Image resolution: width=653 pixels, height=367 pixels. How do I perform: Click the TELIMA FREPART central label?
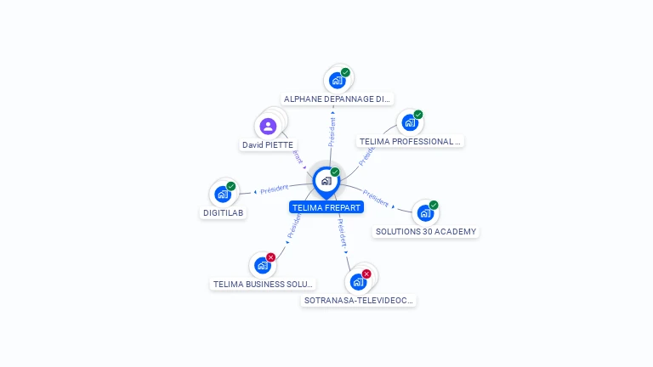[x=326, y=207]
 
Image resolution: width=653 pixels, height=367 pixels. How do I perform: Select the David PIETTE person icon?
[x=269, y=127]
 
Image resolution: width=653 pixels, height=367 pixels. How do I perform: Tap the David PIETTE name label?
[x=268, y=145]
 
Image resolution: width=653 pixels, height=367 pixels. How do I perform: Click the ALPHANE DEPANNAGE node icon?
[x=337, y=81]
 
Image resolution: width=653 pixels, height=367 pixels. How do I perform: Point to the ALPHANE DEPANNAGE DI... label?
[x=338, y=99]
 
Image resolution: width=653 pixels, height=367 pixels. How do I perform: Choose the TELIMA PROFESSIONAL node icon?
[x=410, y=122]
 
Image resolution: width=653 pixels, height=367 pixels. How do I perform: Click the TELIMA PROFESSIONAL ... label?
[x=410, y=142]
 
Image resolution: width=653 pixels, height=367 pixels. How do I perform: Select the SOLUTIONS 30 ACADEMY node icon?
[x=424, y=212]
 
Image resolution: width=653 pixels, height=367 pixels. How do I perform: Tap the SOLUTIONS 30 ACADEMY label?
[x=426, y=232]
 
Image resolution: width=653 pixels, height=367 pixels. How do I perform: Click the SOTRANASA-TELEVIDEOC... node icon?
[x=358, y=281]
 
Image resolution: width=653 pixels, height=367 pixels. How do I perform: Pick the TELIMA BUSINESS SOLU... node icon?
[x=263, y=265]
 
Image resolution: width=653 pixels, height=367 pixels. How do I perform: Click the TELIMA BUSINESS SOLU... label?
[x=264, y=285]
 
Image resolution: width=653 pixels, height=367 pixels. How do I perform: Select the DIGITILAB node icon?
[x=223, y=194]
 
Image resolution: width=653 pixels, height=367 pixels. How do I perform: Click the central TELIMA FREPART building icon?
[x=326, y=181]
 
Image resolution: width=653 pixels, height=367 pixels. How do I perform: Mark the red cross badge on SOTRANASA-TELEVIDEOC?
[x=366, y=274]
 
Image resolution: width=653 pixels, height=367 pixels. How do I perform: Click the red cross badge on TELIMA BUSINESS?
[x=271, y=257]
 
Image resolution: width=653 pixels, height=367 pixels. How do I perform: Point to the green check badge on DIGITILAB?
[x=231, y=186]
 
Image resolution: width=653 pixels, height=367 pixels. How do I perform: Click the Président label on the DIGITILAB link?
[x=275, y=189]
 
